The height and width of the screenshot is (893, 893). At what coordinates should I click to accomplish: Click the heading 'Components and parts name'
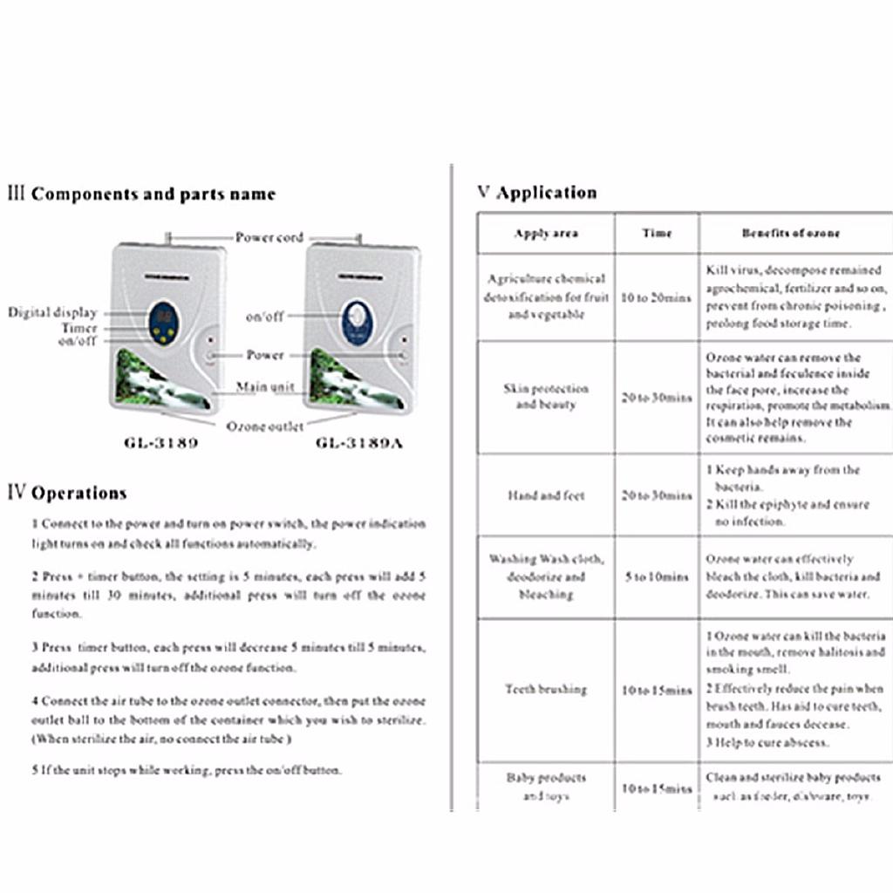coord(153,194)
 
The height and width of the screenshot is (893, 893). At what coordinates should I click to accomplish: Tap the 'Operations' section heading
coord(78,493)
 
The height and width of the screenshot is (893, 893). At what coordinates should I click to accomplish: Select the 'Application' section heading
coord(546,193)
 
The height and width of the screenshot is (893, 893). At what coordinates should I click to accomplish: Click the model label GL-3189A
coord(359,442)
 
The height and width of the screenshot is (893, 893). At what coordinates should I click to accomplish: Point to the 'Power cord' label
coord(269,237)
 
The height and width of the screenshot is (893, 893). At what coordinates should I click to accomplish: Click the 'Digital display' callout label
coord(52,312)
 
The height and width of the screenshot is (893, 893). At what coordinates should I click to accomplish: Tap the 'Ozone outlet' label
coord(265,426)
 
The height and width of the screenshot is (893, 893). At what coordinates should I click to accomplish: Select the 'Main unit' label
coord(265,387)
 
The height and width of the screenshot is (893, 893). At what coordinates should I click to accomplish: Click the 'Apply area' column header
coord(546,233)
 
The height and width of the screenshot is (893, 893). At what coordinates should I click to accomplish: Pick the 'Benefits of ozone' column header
coord(791,233)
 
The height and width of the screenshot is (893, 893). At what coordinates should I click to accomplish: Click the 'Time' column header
coord(657,233)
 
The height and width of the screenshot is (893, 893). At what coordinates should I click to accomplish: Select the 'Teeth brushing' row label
coord(546,689)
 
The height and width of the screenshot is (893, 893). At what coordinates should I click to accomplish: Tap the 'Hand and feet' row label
coord(546,495)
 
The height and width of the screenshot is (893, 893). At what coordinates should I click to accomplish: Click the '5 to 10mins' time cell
coord(657,576)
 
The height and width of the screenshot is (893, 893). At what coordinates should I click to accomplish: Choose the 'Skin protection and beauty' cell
coord(546,397)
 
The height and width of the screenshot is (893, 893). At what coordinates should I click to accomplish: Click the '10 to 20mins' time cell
coord(657,297)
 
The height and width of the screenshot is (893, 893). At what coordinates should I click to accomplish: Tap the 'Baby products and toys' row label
coord(546,787)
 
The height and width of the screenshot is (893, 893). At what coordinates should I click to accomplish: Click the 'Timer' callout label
coord(79,328)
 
